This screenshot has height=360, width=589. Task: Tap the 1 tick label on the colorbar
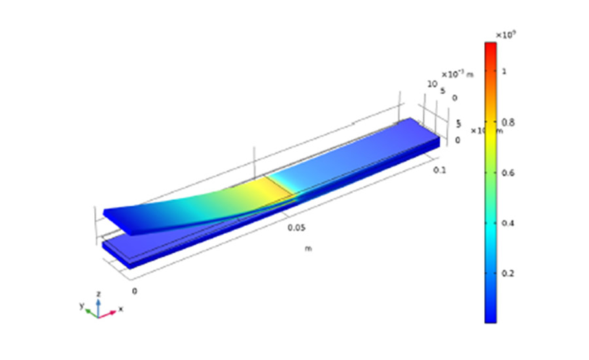click(x=504, y=71)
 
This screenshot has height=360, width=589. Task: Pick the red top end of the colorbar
click(x=490, y=46)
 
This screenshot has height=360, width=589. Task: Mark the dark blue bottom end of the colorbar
click(x=490, y=319)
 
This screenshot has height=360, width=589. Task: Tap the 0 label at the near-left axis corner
click(x=135, y=291)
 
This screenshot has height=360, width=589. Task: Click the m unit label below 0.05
click(x=307, y=248)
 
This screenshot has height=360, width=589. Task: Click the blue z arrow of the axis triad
click(x=98, y=305)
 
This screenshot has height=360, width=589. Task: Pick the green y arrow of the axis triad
click(x=90, y=309)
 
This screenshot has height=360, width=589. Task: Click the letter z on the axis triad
click(x=98, y=294)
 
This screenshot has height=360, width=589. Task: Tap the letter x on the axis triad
click(x=121, y=309)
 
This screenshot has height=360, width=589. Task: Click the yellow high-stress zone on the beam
click(x=272, y=190)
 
